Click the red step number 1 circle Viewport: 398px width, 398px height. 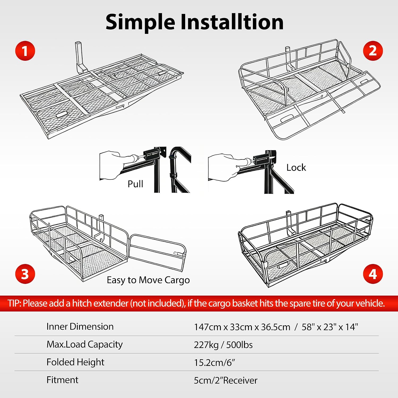25,51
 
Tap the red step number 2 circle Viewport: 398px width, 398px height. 373,51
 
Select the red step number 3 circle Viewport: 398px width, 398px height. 25,274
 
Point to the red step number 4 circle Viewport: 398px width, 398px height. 373,274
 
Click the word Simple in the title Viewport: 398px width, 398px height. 140,22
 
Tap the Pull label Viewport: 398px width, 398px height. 135,184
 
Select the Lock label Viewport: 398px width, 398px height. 296,167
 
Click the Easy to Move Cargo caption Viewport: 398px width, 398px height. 148,280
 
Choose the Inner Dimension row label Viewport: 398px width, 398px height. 80,326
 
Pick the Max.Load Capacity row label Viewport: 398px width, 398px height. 85,344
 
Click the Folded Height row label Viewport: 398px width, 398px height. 75,362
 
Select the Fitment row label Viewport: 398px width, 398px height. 62,380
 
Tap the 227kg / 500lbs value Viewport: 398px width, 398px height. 223,345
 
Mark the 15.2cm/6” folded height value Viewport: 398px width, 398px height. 214,362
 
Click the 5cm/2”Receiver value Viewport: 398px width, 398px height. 226,380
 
